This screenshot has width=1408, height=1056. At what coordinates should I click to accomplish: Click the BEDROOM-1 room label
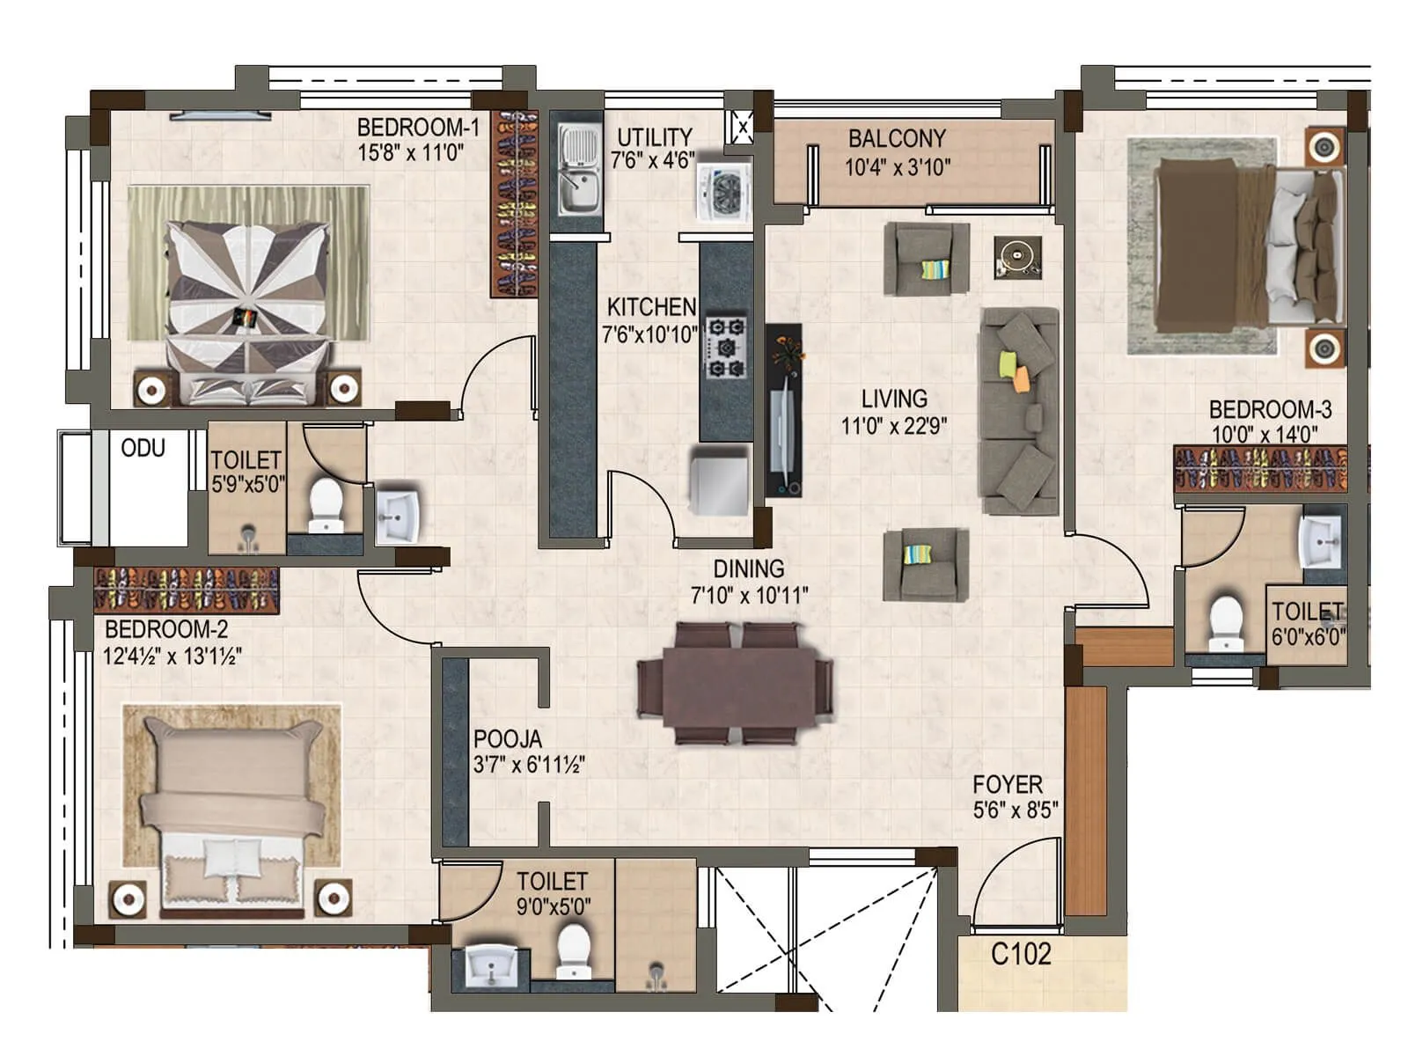coord(418,128)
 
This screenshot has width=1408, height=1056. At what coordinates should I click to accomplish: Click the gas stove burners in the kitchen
coord(727,347)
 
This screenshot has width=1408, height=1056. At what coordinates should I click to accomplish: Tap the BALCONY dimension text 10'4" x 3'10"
coord(898,167)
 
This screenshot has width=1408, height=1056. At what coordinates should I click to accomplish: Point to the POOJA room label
coord(508,739)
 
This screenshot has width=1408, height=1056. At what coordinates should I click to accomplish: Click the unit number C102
coord(1021,954)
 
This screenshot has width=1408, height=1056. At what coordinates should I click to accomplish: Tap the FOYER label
coord(1008,784)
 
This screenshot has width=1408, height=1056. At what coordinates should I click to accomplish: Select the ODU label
coord(143,449)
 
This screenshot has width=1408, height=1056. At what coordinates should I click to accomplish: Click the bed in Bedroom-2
coord(233,810)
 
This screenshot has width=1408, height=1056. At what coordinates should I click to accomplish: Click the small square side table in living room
coord(1017,257)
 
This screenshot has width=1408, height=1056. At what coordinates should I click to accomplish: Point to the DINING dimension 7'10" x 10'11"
coord(749,596)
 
